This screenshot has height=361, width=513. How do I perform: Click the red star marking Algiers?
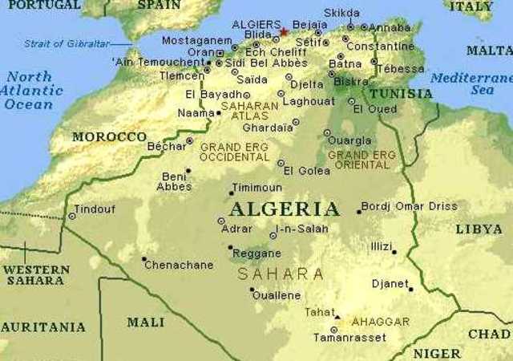[x=284, y=32]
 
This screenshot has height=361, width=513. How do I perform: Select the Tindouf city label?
[x=95, y=209]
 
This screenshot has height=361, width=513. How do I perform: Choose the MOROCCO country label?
[x=109, y=137]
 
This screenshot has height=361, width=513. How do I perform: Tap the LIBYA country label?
[x=479, y=229]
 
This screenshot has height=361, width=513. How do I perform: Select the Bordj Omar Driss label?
[x=409, y=206]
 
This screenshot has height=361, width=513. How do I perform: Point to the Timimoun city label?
[x=256, y=188]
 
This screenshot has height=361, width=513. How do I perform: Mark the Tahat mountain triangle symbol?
[x=337, y=316]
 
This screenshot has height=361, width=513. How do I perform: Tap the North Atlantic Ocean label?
[x=30, y=90]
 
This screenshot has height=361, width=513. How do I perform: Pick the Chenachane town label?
[x=179, y=265]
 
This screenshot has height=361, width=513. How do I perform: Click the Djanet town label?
[x=390, y=283]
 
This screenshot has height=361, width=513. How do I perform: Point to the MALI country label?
[x=145, y=322]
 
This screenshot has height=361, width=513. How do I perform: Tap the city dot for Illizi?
[x=394, y=252]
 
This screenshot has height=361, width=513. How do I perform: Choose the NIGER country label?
[x=437, y=353]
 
